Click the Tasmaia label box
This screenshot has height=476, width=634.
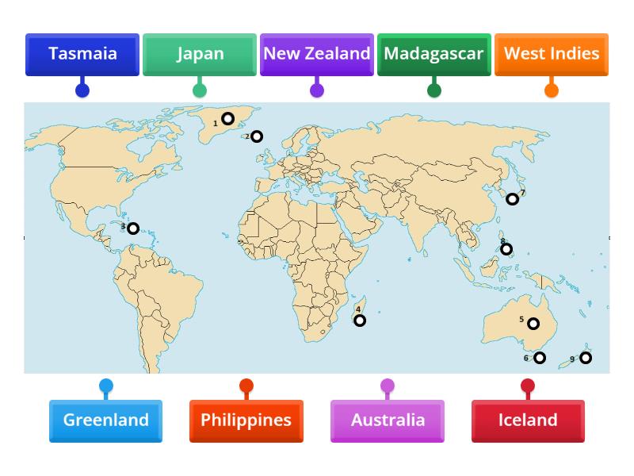point(82,54)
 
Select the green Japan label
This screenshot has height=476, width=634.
point(200,54)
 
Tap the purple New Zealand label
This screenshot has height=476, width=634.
point(317,54)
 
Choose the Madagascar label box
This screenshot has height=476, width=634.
point(434,54)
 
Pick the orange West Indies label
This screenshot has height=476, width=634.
point(552,54)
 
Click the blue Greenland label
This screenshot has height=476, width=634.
point(106,420)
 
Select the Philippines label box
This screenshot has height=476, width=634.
point(246,420)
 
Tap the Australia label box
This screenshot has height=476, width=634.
point(388,420)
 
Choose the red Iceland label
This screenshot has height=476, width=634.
point(528,420)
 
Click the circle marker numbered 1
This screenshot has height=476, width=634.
point(227,119)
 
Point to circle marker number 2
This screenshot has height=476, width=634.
point(257,136)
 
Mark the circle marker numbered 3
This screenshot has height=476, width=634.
point(133,228)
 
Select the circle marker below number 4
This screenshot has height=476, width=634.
point(360,321)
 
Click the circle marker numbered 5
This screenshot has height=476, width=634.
point(533,324)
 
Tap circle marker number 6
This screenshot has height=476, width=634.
point(540,358)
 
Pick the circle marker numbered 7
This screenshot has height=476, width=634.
point(513,199)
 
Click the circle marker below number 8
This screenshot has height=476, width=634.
point(506,249)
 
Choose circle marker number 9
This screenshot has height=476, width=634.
point(586,358)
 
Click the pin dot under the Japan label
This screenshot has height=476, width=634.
point(200,90)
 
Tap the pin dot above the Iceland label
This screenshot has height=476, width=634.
point(528,386)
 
